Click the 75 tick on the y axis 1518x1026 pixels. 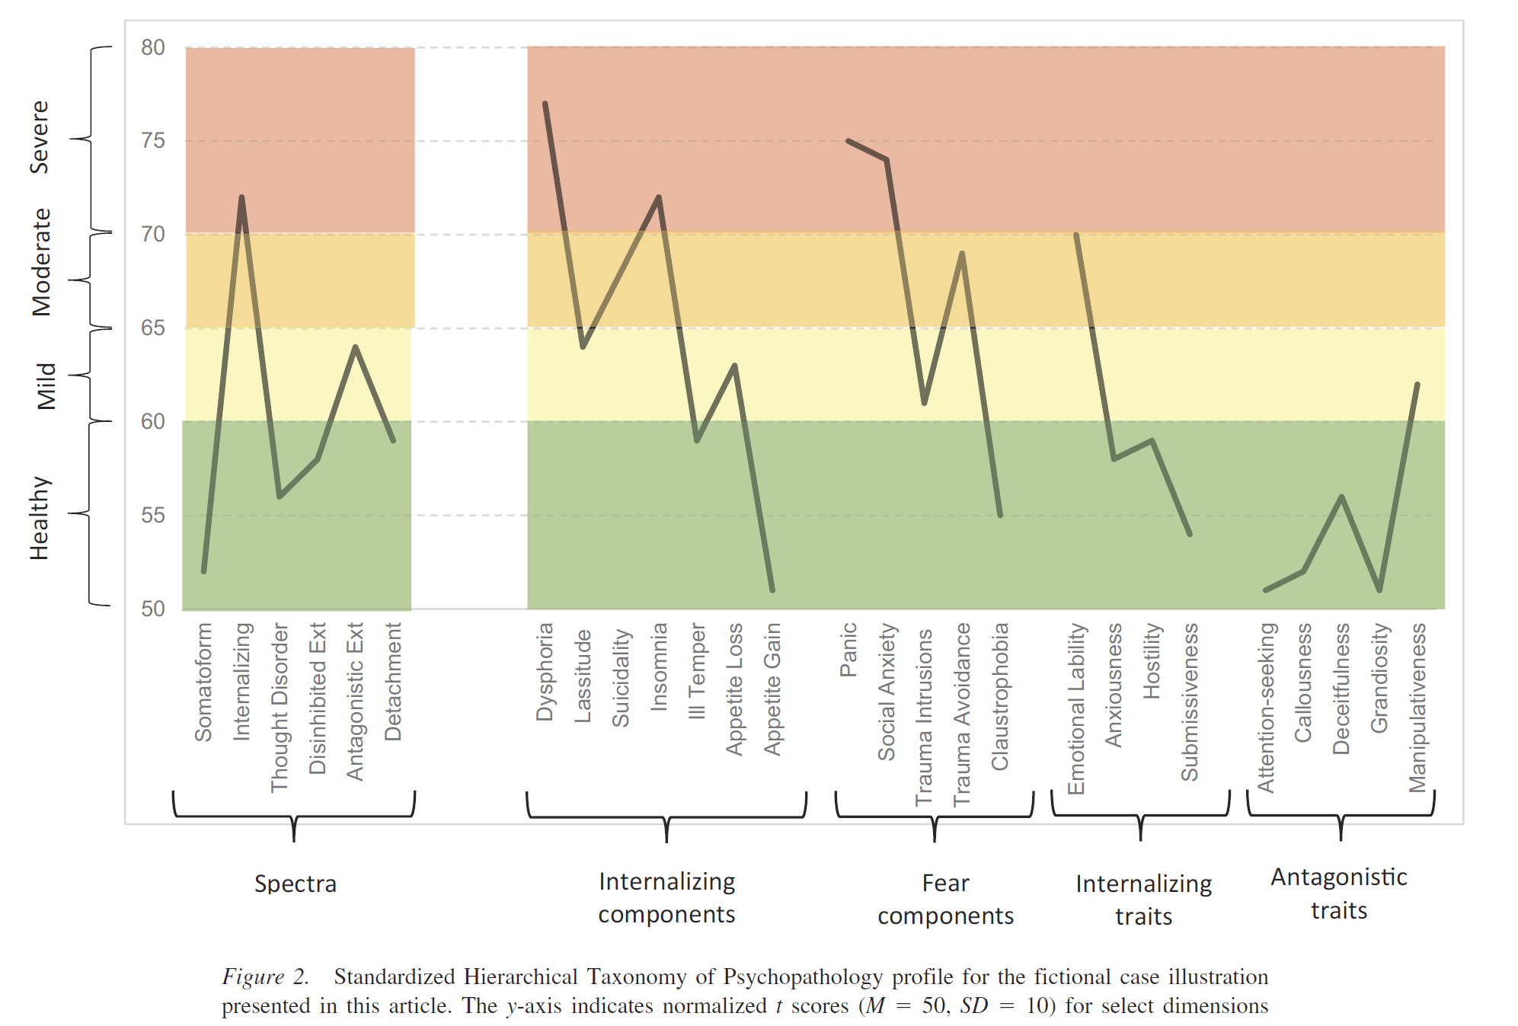[153, 141]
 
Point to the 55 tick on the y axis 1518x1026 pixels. [153, 516]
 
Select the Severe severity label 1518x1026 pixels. [40, 137]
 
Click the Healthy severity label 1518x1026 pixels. [40, 518]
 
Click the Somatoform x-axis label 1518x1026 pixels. [203, 682]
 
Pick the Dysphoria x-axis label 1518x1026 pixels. [545, 672]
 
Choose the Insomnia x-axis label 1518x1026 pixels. [659, 667]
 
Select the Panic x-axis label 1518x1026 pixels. [848, 650]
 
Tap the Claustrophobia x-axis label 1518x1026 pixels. [1000, 696]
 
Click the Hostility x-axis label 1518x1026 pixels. [1152, 660]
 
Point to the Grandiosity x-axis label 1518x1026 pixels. [1379, 678]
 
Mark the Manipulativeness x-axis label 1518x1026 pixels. [1417, 708]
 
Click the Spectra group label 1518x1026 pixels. [296, 884]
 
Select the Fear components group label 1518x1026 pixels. [945, 899]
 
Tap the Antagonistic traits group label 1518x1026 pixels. [1339, 893]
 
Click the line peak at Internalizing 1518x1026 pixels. [241, 197]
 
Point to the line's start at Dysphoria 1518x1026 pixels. [545, 104]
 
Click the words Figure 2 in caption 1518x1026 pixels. [265, 976]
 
